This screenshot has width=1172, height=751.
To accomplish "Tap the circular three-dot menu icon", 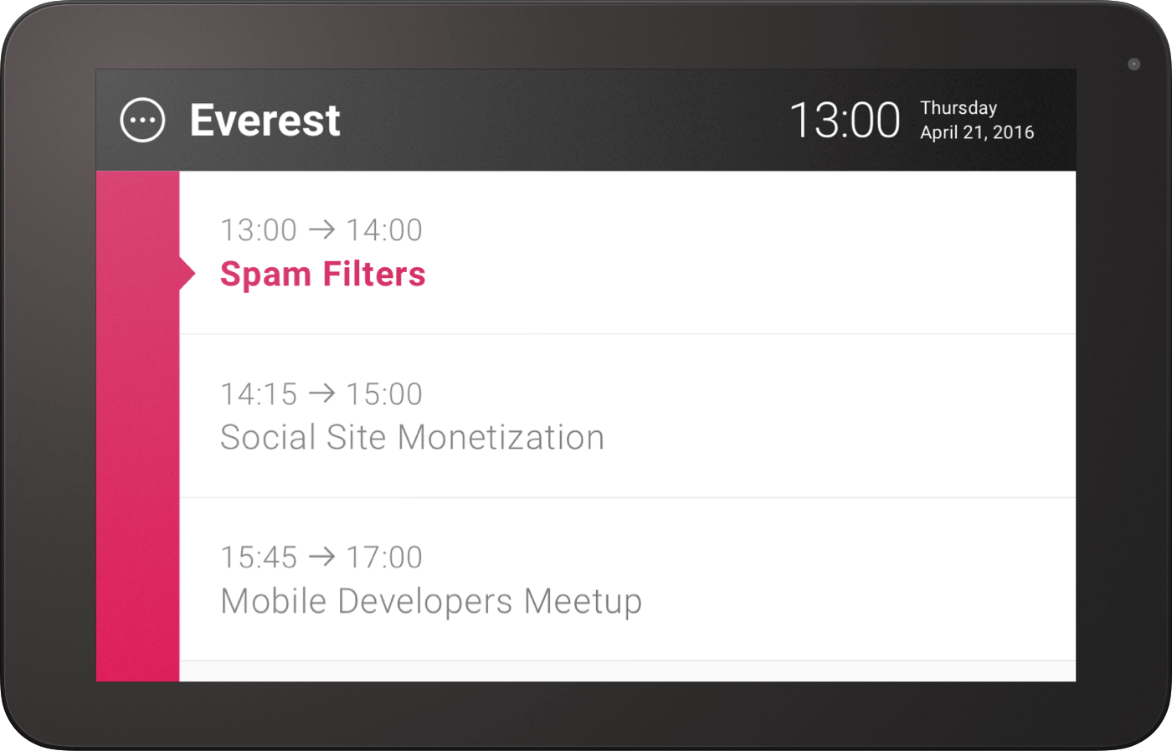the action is pyautogui.click(x=142, y=120).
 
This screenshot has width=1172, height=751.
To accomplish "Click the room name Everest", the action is pyautogui.click(x=265, y=121).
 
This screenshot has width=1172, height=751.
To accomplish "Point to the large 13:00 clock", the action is pyautogui.click(x=845, y=121).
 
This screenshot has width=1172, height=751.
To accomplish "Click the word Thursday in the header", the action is pyautogui.click(x=959, y=108).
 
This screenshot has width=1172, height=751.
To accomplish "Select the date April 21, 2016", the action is pyautogui.click(x=977, y=132).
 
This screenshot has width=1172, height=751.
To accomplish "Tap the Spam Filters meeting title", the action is pyautogui.click(x=323, y=274).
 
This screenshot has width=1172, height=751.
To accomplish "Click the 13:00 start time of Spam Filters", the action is pyautogui.click(x=259, y=230).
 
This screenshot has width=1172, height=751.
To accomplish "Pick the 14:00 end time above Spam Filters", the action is pyautogui.click(x=384, y=230).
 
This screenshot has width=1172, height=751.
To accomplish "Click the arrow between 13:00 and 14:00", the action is pyautogui.click(x=321, y=230).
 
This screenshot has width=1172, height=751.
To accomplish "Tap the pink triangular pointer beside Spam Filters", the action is pyautogui.click(x=188, y=273).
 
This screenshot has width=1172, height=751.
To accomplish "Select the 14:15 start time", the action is pyautogui.click(x=259, y=394).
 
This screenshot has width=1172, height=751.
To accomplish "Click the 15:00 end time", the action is pyautogui.click(x=384, y=394).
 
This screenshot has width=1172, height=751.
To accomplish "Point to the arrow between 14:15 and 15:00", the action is pyautogui.click(x=321, y=394).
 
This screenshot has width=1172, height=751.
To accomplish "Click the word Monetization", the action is pyautogui.click(x=501, y=437).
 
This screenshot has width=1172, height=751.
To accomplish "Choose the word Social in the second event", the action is pyautogui.click(x=268, y=437).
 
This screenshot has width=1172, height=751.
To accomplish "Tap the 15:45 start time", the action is pyautogui.click(x=259, y=558).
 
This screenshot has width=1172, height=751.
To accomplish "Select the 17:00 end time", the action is pyautogui.click(x=384, y=558).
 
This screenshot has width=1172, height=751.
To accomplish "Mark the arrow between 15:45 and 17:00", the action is pyautogui.click(x=321, y=558).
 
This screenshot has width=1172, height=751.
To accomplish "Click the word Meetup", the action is pyautogui.click(x=583, y=602).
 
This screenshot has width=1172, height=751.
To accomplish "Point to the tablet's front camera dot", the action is pyautogui.click(x=1133, y=64).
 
